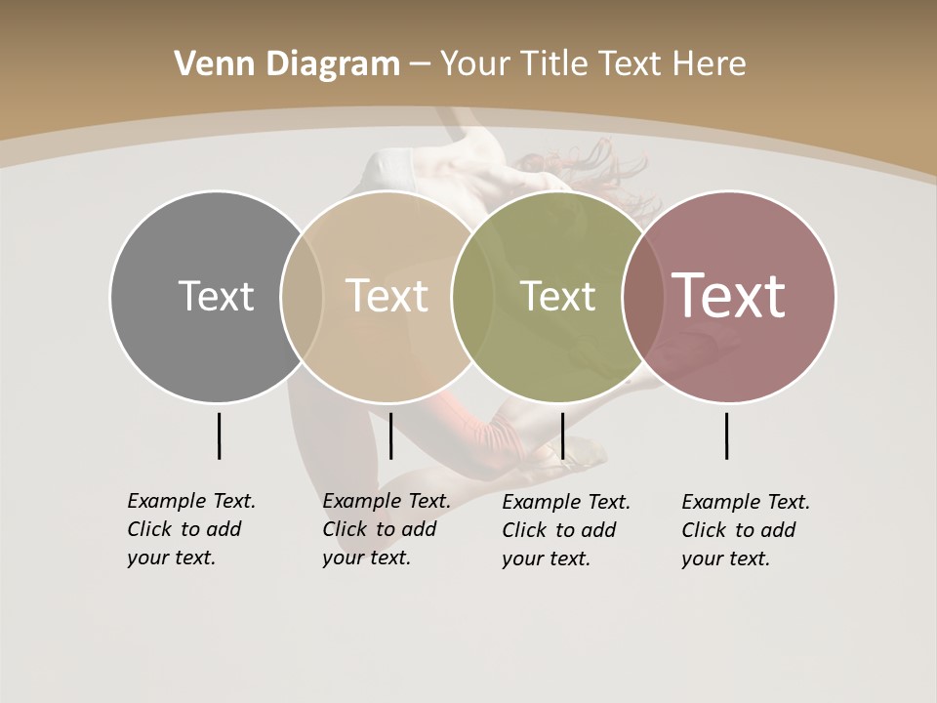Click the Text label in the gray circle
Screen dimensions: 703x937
(216, 296)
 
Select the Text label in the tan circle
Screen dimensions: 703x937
(387, 296)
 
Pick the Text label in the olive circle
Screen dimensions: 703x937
(557, 296)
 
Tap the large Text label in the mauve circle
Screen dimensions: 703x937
(728, 296)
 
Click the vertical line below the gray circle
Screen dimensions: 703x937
(219, 435)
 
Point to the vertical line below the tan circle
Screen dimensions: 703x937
(390, 435)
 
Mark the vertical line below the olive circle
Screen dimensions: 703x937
(562, 435)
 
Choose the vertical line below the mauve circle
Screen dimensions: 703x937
(727, 435)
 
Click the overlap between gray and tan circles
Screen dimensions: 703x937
(302, 296)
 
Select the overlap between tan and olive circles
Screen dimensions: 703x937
(471, 296)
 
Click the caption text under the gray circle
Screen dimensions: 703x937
(190, 529)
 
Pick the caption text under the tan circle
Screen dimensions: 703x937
(386, 529)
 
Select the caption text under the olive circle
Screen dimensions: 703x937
(565, 530)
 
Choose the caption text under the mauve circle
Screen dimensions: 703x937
(745, 530)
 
